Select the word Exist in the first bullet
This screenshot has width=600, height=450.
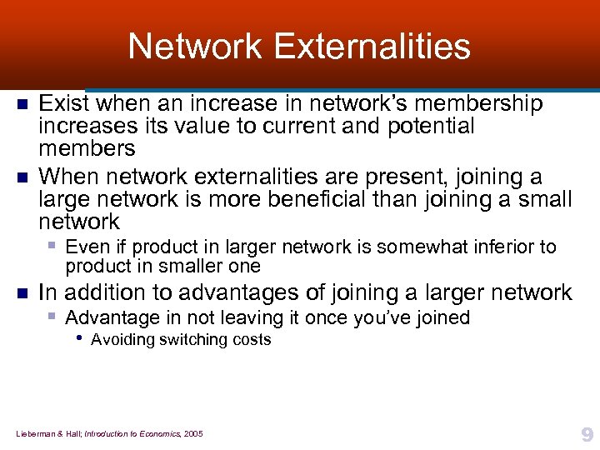pos(63,104)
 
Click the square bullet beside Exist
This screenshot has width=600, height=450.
pos(23,105)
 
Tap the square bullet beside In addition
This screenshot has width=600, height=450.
pos(23,293)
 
